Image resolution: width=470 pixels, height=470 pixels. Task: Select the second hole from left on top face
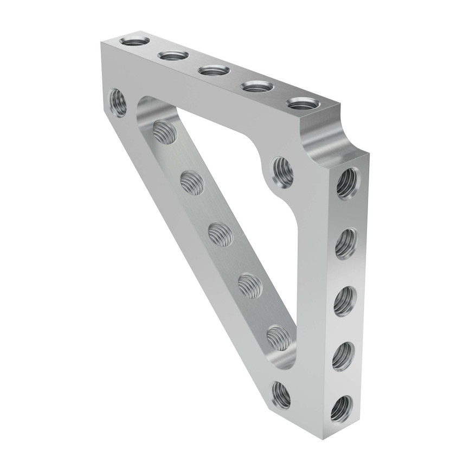click(173, 55)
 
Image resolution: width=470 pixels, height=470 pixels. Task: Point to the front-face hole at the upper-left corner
click(118, 102)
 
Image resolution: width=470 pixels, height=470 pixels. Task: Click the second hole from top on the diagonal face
click(191, 183)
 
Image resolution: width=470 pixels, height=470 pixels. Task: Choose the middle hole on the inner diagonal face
click(221, 234)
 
